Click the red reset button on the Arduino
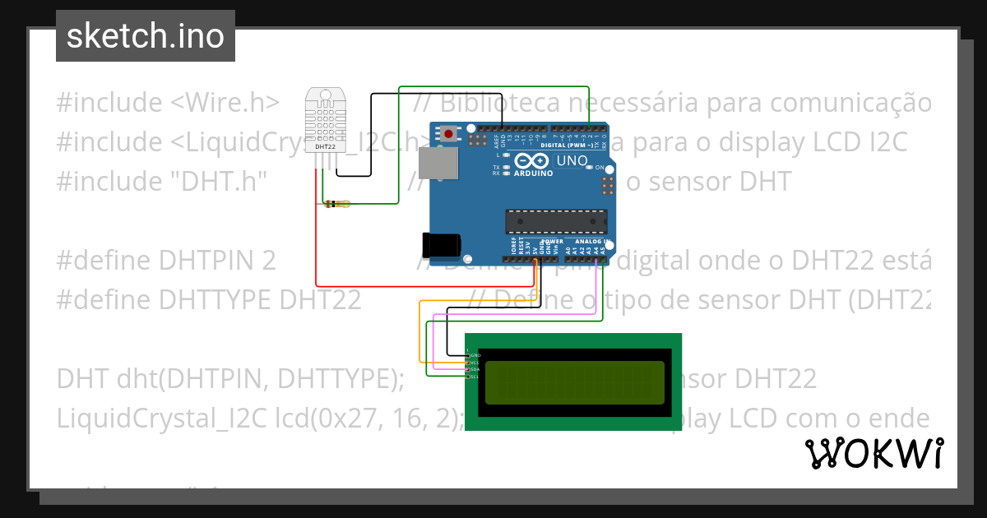(448, 133)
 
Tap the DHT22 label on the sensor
(325, 147)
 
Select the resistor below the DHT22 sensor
(336, 204)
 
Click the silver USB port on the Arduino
(438, 163)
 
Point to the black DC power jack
(439, 245)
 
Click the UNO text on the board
(572, 161)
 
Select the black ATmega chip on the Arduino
(556, 221)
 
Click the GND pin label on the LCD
(475, 355)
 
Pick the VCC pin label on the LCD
(475, 362)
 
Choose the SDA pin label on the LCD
(475, 369)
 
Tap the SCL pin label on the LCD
(475, 377)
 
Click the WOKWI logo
(873, 453)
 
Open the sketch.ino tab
(146, 36)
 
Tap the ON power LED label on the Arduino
(600, 168)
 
